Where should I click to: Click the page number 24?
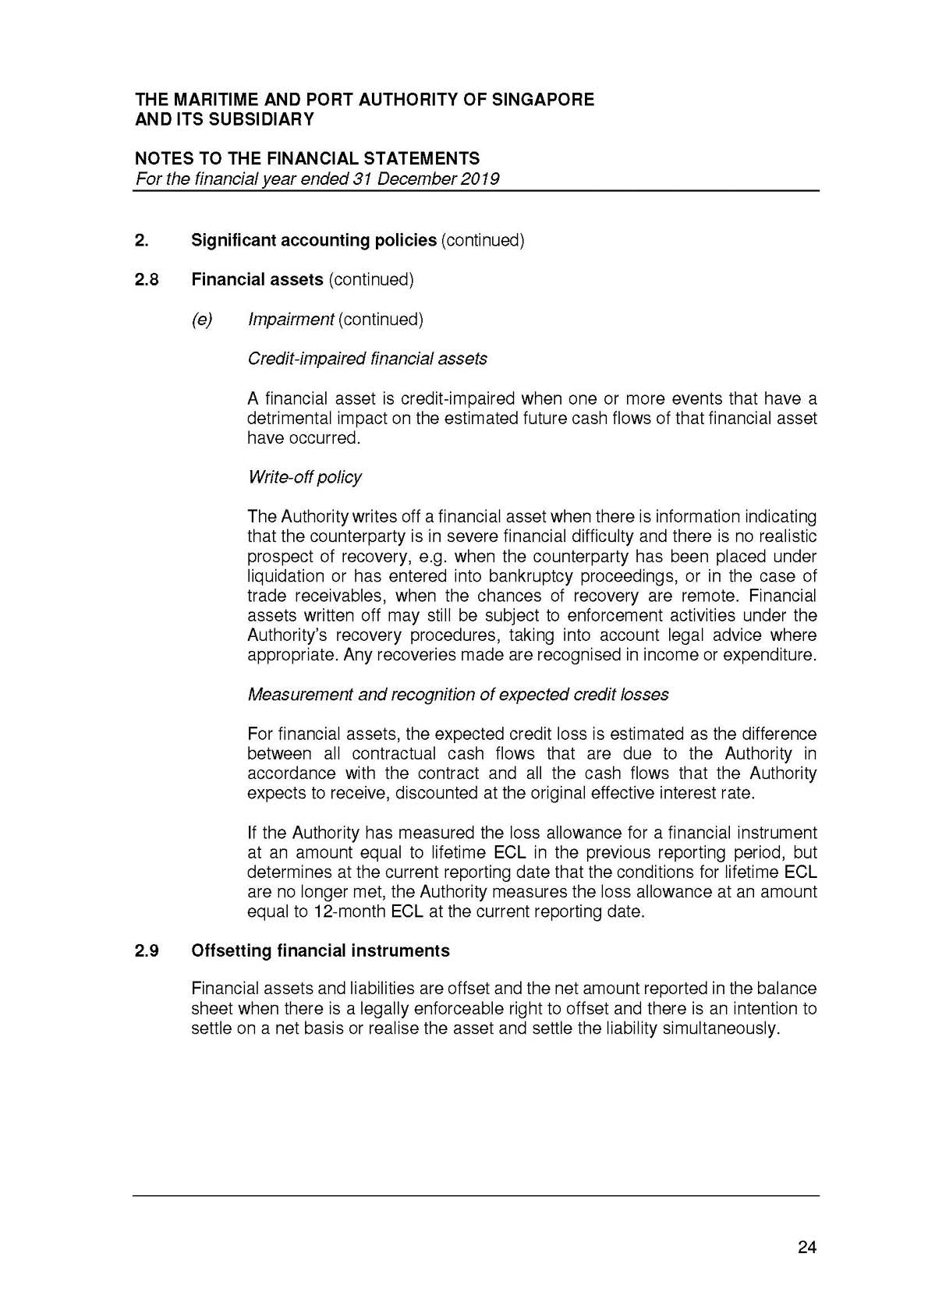tap(807, 1248)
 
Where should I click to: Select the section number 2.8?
tap(147, 279)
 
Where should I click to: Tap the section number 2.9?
tap(147, 950)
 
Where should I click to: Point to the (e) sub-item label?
tap(202, 319)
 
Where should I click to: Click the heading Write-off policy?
tap(304, 477)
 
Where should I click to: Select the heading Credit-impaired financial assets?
tap(367, 359)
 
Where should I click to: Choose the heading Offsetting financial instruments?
tap(320, 950)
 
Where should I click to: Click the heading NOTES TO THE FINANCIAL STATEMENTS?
tap(307, 159)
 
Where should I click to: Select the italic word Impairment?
tap(290, 319)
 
